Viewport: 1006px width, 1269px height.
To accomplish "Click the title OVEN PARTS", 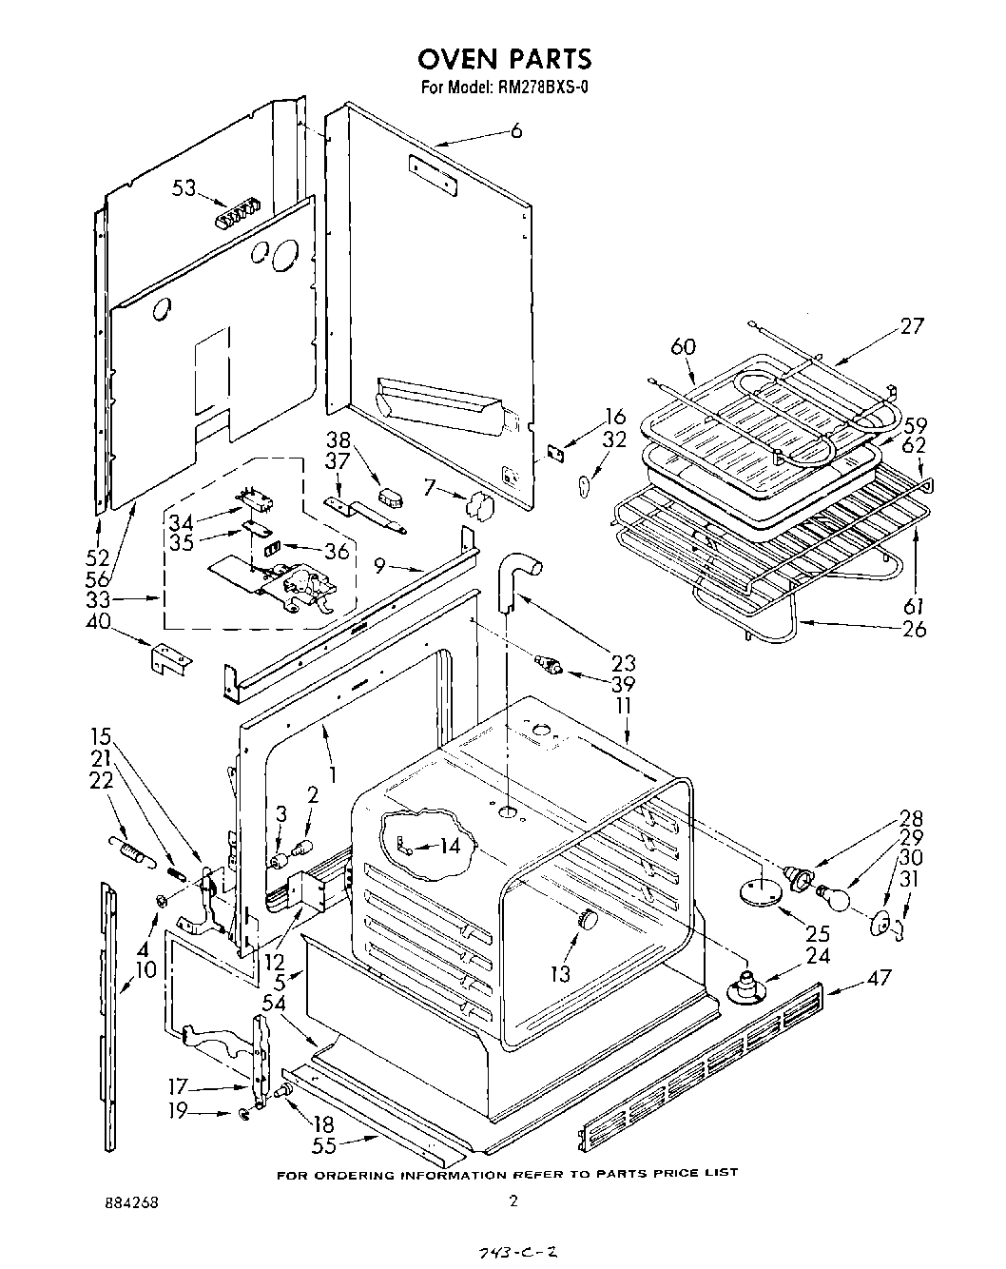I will point(504,59).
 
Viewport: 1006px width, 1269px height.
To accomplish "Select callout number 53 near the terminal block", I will point(184,188).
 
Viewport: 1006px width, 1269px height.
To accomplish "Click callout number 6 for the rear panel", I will point(516,131).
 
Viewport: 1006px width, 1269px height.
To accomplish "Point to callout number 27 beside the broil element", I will point(911,326).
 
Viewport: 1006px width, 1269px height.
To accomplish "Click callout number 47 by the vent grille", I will point(879,977).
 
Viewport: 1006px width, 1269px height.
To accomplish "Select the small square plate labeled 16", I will point(557,455).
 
